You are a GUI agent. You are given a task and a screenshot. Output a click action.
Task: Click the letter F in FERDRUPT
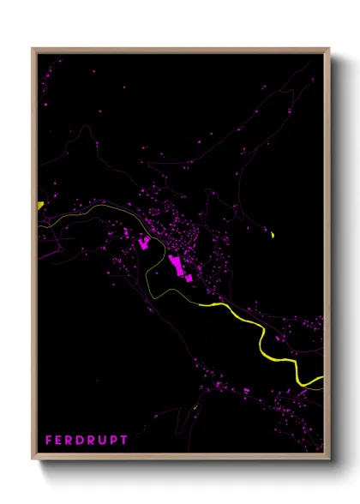[49, 440]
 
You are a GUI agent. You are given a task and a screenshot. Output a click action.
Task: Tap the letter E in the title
[60, 440]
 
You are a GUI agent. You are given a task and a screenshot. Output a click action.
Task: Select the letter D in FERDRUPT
[83, 440]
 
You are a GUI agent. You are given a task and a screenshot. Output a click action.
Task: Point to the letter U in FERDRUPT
[106, 440]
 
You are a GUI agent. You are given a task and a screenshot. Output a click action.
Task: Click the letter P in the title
[116, 440]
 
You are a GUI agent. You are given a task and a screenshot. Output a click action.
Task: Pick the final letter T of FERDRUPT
[125, 440]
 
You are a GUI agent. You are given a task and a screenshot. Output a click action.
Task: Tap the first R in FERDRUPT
[72, 440]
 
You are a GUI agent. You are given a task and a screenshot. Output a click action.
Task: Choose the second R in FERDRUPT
[94, 440]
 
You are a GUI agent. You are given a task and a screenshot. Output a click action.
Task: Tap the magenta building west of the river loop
[144, 244]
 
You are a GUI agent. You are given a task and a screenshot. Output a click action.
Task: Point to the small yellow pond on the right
[272, 234]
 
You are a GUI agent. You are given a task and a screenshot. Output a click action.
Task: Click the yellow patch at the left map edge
[39, 205]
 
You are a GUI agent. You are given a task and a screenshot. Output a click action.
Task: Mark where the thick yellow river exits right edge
[321, 378]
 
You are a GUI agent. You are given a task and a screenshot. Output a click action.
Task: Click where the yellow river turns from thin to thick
[199, 303]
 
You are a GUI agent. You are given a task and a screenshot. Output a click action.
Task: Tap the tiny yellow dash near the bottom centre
[196, 408]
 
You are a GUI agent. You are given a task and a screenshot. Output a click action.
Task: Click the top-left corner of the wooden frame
[33, 49]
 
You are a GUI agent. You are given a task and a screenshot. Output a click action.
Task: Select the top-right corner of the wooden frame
[329, 49]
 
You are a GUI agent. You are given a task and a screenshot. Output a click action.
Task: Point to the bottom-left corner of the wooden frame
[33, 459]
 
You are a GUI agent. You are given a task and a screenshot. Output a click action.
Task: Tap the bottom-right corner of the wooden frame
[329, 459]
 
